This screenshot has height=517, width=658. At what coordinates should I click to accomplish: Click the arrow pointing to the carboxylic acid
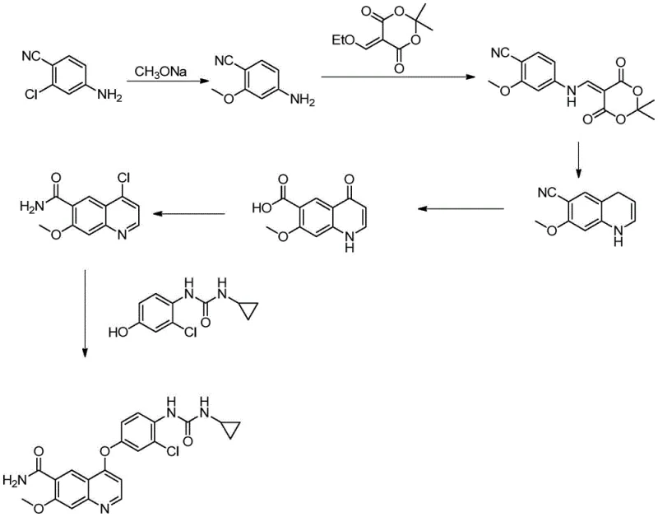(461, 209)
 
